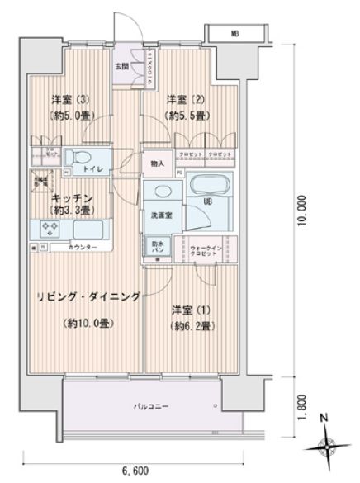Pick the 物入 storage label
coord(158,163)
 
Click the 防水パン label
coord(157,248)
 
